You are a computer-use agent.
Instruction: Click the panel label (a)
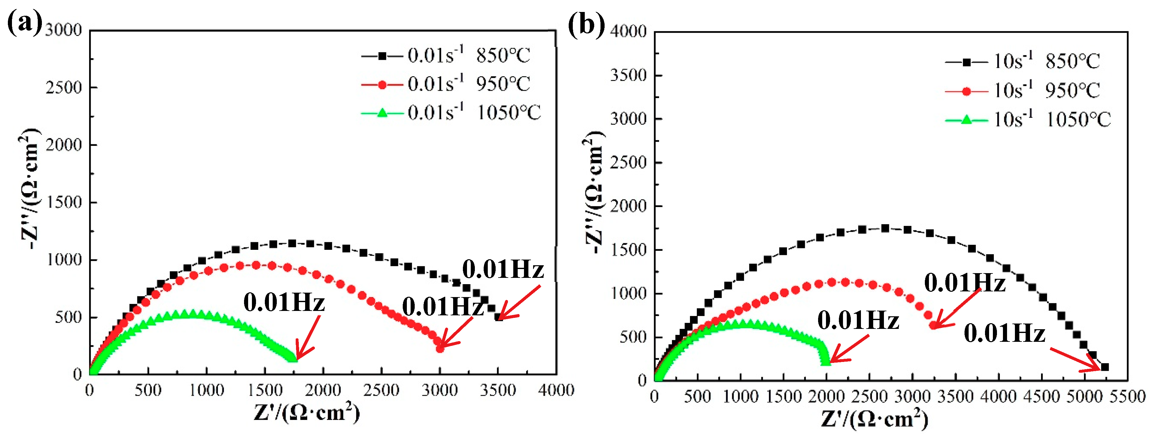click(x=25, y=23)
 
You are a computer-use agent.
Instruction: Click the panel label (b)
click(x=586, y=24)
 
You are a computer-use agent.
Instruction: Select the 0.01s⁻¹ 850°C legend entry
click(x=447, y=56)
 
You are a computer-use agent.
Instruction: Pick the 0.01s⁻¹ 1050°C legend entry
click(x=451, y=112)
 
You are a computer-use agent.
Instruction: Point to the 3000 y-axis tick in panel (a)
click(x=64, y=30)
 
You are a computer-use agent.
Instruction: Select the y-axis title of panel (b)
click(x=594, y=192)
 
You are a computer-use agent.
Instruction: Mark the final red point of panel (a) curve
click(x=440, y=348)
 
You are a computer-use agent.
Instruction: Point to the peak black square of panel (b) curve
click(x=885, y=228)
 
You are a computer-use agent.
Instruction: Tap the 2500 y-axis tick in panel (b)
click(x=628, y=162)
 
